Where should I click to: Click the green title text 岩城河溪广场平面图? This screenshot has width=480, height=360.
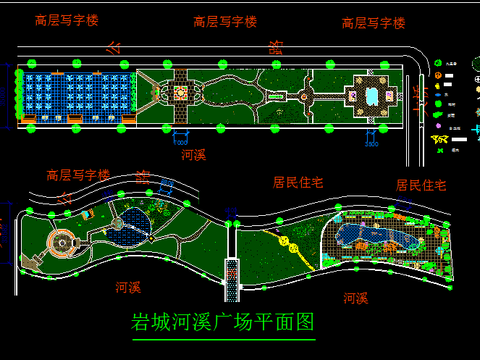coord(223,323)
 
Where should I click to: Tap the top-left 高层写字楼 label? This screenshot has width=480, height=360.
coord(66,20)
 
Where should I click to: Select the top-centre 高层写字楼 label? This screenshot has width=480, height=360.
coord(225,21)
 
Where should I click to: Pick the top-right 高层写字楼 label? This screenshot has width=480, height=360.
coord(373,22)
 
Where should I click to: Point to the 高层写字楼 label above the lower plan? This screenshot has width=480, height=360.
coord(77,174)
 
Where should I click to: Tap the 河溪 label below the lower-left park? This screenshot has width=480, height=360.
coord(127,287)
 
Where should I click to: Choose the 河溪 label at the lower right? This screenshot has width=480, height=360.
coord(355,298)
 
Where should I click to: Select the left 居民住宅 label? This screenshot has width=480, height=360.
coord(299,182)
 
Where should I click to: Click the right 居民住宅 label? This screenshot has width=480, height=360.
coord(420,185)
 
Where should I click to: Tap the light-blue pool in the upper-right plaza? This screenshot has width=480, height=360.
coord(372,95)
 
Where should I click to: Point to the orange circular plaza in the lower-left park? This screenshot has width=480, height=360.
coord(65,242)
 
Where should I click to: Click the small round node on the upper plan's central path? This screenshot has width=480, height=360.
coord(305,96)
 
